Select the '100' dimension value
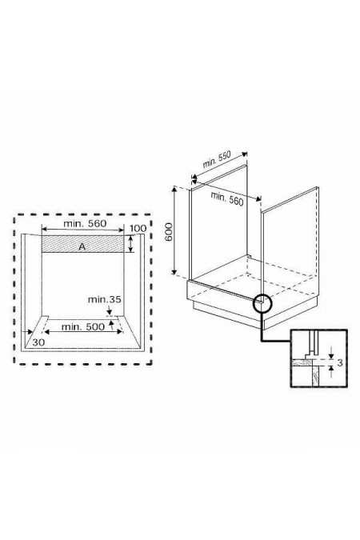click(137, 230)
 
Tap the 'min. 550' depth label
click(218, 165)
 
